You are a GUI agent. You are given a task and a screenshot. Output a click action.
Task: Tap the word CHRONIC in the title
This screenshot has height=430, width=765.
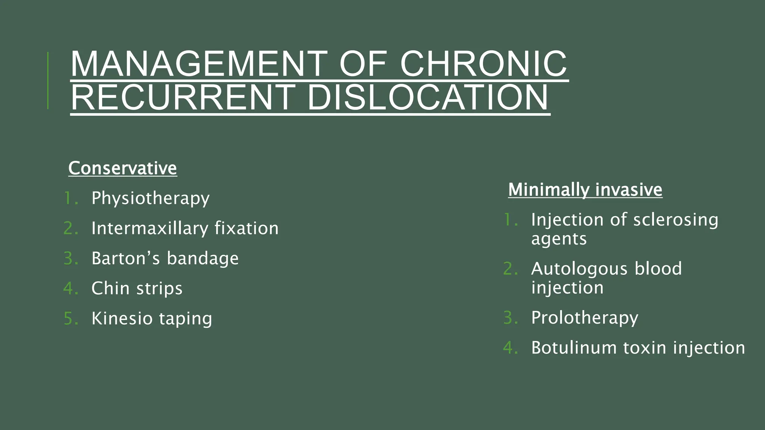click(483, 64)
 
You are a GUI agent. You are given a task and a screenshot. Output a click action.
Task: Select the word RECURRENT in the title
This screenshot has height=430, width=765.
click(183, 98)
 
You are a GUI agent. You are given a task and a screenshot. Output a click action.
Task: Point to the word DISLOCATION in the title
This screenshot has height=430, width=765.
click(428, 98)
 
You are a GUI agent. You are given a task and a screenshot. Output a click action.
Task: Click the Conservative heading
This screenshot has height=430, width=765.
click(123, 168)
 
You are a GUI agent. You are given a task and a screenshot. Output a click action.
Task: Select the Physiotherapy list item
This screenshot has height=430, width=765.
click(151, 198)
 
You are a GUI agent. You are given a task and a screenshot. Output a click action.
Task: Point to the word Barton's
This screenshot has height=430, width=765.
click(126, 258)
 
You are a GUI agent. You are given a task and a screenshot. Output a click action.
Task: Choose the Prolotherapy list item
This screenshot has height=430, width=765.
click(585, 318)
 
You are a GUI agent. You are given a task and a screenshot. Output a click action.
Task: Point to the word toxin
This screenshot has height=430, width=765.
click(645, 348)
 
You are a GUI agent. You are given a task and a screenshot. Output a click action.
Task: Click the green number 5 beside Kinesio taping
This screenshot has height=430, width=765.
click(69, 319)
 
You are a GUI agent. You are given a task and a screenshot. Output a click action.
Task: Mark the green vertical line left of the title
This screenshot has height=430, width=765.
click(48, 81)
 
